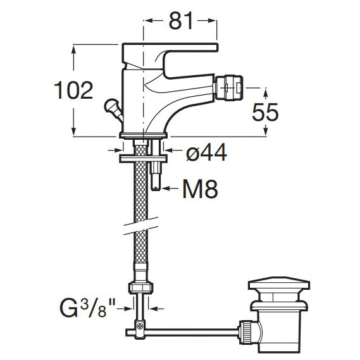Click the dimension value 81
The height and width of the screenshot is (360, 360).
point(181,21)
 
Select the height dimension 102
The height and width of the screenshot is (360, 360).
point(73,90)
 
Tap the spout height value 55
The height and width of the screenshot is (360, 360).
point(265,112)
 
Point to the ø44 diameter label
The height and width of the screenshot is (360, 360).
point(206,152)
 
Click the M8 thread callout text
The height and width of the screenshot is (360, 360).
point(200,189)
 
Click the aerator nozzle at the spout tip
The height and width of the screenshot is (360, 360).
point(228,88)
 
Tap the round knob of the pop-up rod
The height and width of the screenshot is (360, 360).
point(110,105)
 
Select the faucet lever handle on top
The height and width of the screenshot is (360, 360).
point(170,60)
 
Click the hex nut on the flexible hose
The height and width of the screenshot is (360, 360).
point(140,287)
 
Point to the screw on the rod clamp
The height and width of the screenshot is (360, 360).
point(140,326)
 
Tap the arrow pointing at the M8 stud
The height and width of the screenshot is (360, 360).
point(170,189)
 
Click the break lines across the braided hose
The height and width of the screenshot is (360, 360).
point(140,226)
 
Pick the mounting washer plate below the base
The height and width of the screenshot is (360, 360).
point(143,159)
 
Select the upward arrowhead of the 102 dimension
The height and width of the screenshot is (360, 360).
point(73,50)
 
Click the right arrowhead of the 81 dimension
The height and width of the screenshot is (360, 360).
point(212,21)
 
